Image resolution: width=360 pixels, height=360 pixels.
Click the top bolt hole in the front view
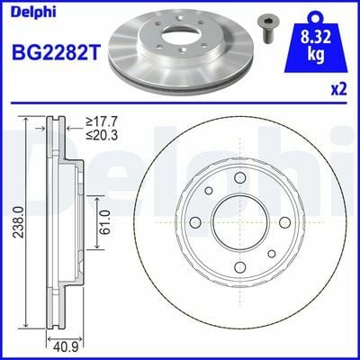tap(239, 178)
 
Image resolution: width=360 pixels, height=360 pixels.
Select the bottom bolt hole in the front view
tap(239, 266)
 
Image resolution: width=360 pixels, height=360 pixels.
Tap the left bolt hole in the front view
tap(195, 222)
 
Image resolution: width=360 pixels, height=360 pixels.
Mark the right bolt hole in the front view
tap(283, 222)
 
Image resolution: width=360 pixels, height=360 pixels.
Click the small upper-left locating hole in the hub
tap(208, 192)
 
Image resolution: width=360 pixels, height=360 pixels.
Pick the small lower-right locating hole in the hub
tap(271, 253)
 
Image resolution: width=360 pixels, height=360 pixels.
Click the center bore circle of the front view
tap(239, 222)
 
